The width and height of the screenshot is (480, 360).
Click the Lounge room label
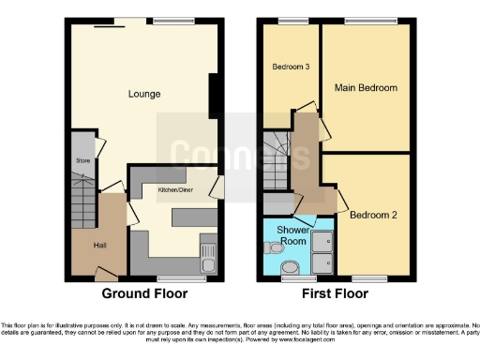pos(144,94)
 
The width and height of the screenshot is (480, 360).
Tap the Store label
pos(82,160)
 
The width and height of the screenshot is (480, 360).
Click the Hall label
pos(99,245)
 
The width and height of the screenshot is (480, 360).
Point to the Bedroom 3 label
pos(291,67)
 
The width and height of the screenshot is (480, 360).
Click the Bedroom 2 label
pos(373,215)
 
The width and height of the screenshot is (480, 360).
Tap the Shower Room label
pos(289,235)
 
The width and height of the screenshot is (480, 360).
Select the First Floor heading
pos(336,292)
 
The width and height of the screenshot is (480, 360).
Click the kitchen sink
pos(209,254)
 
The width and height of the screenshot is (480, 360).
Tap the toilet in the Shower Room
pos(293,267)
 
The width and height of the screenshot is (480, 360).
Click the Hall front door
pos(105,275)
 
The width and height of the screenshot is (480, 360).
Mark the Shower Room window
pos(293,278)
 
